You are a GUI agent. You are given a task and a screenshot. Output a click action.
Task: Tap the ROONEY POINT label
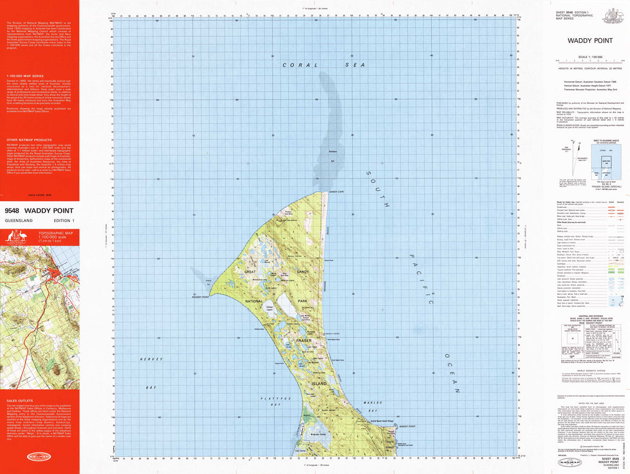(201, 297)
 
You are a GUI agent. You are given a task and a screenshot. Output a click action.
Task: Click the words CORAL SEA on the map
(324, 65)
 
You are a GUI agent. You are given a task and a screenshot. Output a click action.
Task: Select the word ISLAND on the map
(319, 382)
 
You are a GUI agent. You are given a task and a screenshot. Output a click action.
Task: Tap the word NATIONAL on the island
(254, 301)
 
